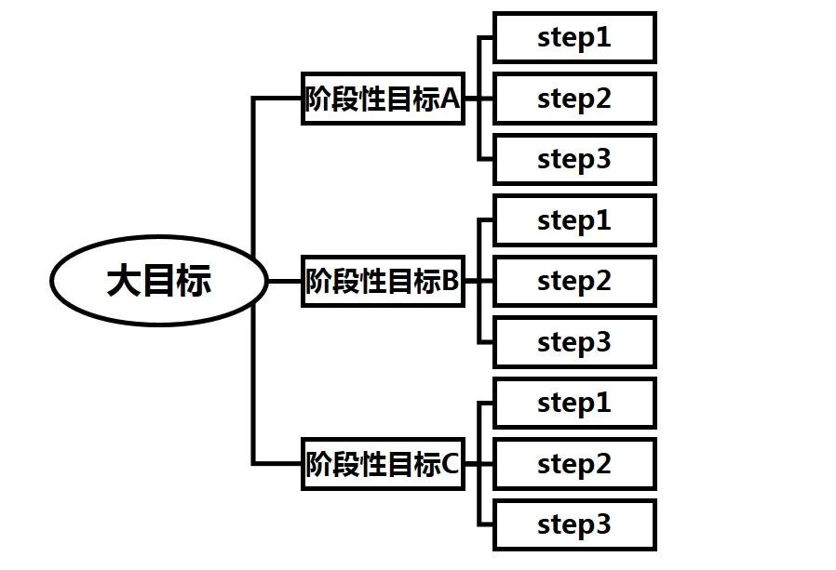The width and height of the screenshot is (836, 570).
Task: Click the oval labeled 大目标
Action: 159,280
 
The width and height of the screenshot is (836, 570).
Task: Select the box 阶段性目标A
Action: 383,99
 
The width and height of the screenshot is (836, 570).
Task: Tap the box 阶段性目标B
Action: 383,281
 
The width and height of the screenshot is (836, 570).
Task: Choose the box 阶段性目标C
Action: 383,463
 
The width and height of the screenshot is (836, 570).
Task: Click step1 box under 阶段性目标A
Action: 574,38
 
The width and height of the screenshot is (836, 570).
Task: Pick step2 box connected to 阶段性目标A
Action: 574,99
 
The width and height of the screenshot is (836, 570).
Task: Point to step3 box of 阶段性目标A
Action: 574,159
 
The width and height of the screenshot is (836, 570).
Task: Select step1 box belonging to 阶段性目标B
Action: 574,220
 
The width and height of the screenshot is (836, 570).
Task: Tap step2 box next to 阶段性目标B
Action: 574,281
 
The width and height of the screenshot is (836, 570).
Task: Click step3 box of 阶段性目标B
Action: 574,342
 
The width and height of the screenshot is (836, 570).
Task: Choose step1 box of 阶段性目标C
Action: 574,403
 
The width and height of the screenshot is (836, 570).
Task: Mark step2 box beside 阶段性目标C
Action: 574,463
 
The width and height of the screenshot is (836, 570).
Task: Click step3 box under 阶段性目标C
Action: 574,524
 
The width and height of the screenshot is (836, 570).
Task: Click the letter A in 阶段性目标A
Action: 451,99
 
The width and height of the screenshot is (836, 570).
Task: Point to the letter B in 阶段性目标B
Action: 451,281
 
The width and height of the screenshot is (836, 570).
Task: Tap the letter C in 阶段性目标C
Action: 451,463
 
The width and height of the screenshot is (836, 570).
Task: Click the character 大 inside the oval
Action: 124,280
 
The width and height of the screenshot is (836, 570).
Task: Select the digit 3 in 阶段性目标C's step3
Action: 603,524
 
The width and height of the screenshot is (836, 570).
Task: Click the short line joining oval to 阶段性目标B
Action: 284,281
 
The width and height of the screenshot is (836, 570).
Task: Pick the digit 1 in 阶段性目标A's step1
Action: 603,37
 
